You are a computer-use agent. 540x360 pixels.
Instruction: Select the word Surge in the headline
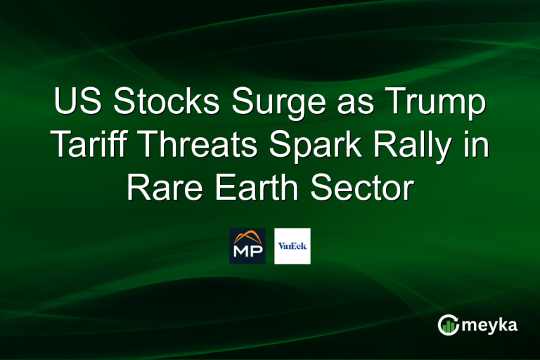point(278,103)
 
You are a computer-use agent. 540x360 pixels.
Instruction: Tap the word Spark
point(315,147)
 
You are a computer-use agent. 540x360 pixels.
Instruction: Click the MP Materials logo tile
point(247,246)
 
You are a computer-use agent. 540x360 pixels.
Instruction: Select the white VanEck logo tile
point(292,246)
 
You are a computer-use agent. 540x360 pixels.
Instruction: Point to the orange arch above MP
point(247,236)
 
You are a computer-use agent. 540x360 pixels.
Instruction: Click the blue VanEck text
point(292,246)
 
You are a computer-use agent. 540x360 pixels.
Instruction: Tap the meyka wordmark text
point(489,326)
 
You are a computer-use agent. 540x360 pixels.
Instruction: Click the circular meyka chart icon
point(448,325)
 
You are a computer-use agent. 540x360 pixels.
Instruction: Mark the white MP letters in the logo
point(247,251)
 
